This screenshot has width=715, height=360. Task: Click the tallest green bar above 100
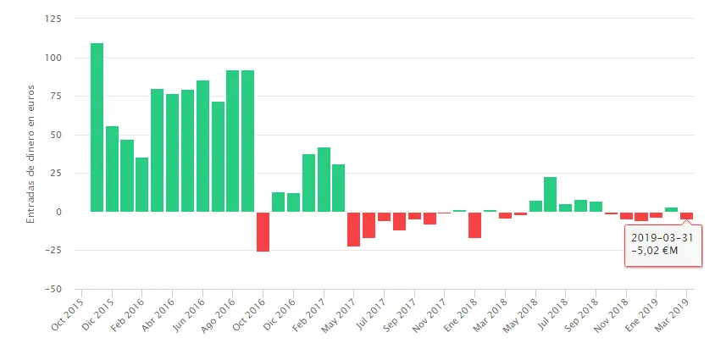pyautogui.click(x=97, y=127)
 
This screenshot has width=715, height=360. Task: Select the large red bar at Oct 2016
pyautogui.click(x=263, y=231)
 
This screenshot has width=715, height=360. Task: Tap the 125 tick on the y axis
pyautogui.click(x=56, y=19)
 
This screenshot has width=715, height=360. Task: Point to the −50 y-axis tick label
pyautogui.click(x=54, y=289)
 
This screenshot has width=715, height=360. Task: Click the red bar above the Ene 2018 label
pyautogui.click(x=474, y=224)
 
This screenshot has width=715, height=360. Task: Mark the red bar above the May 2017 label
pyautogui.click(x=353, y=229)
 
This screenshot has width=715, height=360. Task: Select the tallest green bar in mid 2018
pyautogui.click(x=550, y=194)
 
